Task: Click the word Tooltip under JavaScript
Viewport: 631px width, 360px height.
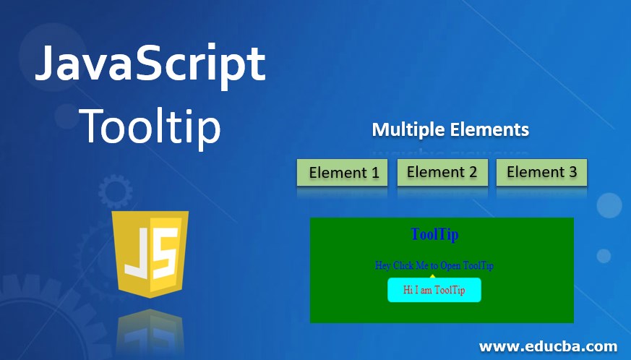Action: click(150, 126)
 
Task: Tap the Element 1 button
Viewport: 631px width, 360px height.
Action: click(342, 173)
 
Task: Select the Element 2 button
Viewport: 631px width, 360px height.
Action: click(442, 172)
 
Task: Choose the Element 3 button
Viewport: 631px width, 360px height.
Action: click(541, 172)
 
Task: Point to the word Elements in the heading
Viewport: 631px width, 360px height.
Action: click(490, 130)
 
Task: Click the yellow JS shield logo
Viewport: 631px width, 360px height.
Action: click(151, 253)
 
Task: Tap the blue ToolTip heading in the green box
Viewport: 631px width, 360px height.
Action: click(434, 234)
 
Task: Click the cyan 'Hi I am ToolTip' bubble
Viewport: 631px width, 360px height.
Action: click(434, 290)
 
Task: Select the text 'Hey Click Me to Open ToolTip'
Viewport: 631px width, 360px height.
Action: click(434, 265)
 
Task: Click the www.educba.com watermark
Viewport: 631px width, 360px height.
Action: click(548, 346)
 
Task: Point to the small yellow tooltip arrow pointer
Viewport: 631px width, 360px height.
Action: click(432, 275)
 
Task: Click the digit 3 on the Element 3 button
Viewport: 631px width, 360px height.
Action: click(572, 172)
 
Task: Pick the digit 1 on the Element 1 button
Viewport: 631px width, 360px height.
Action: click(374, 173)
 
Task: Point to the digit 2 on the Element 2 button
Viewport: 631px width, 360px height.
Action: click(473, 172)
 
